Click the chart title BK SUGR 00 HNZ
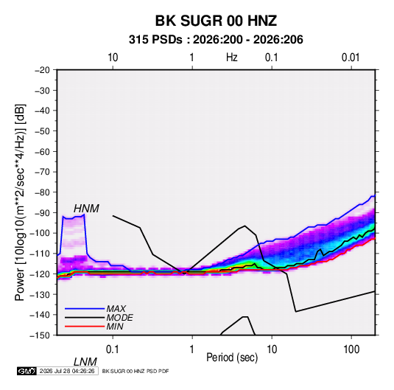tap(216, 21)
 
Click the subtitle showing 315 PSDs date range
tap(216, 40)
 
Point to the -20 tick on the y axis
tap(42, 70)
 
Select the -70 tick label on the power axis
tap(42, 172)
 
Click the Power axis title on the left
tap(20, 203)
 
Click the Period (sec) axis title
tap(232, 358)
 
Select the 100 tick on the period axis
tap(351, 349)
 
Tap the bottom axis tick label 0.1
tap(113, 349)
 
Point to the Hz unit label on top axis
tap(232, 58)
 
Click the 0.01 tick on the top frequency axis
tap(351, 58)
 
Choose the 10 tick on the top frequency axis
tap(113, 58)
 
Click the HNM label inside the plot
tap(86, 209)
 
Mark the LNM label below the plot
tap(85, 362)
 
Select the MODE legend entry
tap(99, 318)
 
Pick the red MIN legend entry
tap(94, 327)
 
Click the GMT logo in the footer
tap(27, 371)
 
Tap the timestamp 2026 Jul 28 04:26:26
tap(67, 371)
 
